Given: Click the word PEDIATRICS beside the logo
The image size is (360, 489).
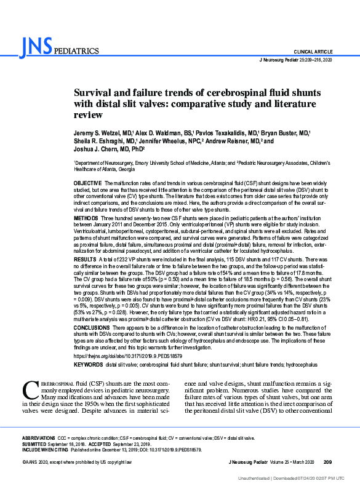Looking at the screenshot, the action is [x=76, y=51].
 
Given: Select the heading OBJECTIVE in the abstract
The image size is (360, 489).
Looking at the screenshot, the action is [x=88, y=183].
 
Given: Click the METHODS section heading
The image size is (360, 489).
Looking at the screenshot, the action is [x=86, y=218].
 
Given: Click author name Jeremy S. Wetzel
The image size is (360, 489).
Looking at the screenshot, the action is [x=100, y=133].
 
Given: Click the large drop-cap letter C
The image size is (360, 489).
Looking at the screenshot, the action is [x=29, y=389].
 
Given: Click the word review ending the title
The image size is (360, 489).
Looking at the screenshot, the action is [x=88, y=115].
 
